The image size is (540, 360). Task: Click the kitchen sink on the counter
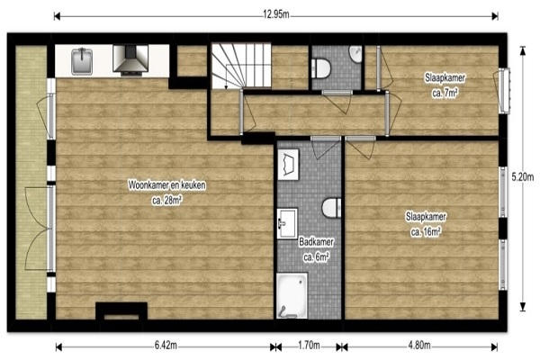[82, 61]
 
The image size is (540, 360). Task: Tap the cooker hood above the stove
[130, 60]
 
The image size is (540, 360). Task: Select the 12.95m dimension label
[276, 14]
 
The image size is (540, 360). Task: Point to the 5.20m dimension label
[522, 177]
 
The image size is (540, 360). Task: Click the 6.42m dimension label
[166, 346]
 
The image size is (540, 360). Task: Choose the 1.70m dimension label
[309, 346]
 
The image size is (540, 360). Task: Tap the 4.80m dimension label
[419, 346]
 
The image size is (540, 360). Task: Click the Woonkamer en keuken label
[167, 185]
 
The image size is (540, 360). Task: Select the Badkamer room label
[316, 242]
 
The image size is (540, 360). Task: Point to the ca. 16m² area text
[426, 232]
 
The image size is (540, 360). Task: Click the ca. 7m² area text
[445, 93]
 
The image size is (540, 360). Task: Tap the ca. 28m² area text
[167, 200]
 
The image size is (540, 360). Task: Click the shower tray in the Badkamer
[292, 295]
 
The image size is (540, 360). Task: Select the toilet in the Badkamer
[331, 207]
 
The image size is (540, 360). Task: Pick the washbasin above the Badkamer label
[287, 223]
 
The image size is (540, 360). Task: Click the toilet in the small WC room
[321, 67]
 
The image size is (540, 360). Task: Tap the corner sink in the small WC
[355, 54]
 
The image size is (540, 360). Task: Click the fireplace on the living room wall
[121, 311]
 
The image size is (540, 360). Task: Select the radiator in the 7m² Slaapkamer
[505, 90]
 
